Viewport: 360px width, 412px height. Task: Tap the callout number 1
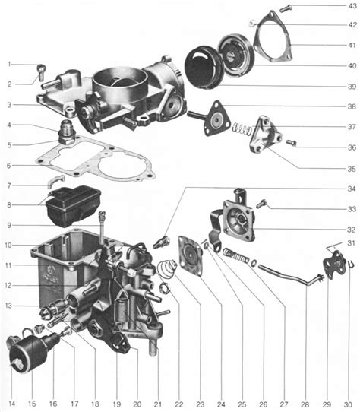point(9,63)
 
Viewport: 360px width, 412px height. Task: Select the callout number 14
point(11,402)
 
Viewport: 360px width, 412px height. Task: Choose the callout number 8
point(9,204)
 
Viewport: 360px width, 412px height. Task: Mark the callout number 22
point(179,402)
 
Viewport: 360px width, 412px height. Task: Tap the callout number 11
point(9,264)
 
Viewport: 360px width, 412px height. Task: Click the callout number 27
point(283,402)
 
